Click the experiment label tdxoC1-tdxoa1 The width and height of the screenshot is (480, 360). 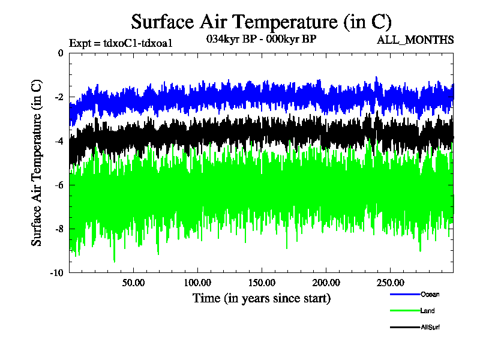pos(121,43)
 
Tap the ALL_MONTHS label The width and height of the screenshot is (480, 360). pos(415,40)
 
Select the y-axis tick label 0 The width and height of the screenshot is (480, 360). pos(60,53)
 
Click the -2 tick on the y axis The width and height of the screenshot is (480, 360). pos(58,97)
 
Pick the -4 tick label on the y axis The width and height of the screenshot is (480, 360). pos(58,141)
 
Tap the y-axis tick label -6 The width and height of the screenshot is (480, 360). pos(58,185)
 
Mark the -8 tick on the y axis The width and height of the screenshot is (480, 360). pos(58,229)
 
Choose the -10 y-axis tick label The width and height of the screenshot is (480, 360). pos(56,272)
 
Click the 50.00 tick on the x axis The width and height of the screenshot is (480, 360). pos(133,282)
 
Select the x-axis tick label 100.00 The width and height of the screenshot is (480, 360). pos(197,282)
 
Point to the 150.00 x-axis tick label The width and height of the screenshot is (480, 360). pos(262,282)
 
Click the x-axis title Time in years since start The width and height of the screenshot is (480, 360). pos(261,298)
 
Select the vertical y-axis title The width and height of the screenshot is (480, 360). pos(37,162)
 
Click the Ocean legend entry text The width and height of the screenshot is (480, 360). pos(430,294)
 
